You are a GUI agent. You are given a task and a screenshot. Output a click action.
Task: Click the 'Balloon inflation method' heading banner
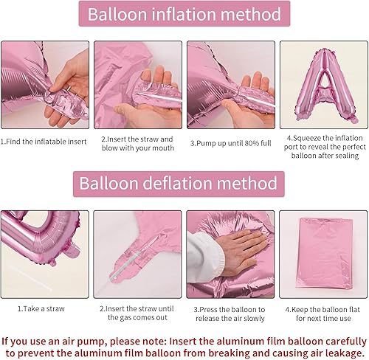click(x=184, y=15)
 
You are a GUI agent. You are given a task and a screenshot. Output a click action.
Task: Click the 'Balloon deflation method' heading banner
click(x=184, y=184)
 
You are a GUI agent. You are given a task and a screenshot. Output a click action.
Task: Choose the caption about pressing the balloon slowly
click(x=230, y=314)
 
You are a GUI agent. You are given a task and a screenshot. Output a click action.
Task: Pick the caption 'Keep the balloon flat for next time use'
click(x=322, y=314)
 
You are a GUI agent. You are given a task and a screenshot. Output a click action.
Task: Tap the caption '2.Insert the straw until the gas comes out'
click(x=137, y=314)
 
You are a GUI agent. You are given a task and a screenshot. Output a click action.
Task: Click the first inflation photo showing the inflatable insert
click(x=45, y=83)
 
